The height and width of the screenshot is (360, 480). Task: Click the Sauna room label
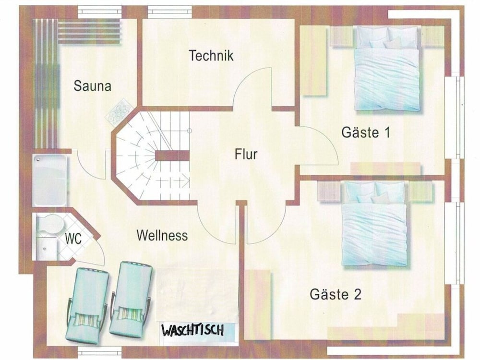[92, 86]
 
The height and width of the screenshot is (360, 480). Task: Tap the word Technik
[211, 55]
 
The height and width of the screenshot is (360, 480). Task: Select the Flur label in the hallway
[246, 154]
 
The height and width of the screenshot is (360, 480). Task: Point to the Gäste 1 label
[366, 132]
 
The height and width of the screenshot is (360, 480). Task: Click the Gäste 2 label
[336, 294]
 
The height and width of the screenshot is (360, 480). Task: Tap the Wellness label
[162, 235]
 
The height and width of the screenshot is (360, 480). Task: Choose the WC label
[73, 239]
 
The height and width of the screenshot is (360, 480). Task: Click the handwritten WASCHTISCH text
[192, 330]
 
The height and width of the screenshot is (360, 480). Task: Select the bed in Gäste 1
[387, 69]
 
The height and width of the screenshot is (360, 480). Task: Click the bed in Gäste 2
[374, 224]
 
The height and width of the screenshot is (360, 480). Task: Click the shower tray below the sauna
[49, 180]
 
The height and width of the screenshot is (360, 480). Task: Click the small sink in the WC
[47, 248]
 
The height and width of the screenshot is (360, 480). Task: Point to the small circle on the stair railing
[190, 131]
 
